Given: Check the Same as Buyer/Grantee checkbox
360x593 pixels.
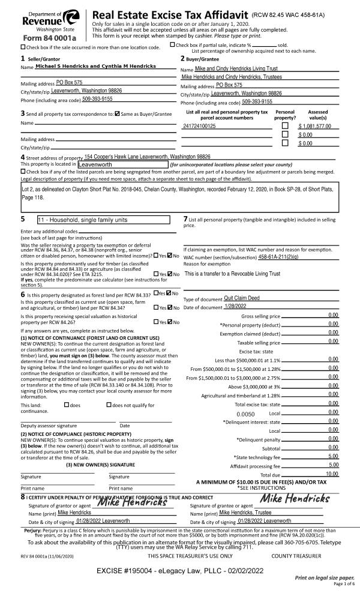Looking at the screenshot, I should (x=118, y=113).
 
